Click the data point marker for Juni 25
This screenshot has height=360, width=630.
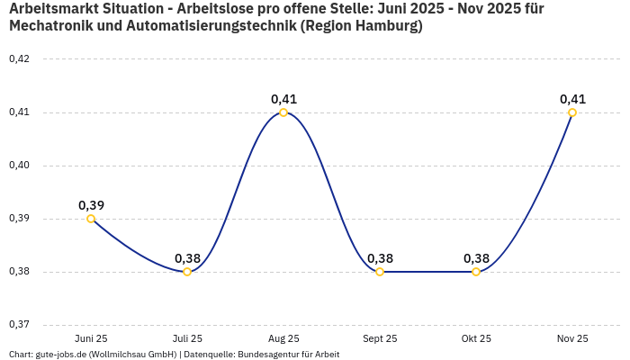pyautogui.click(x=91, y=219)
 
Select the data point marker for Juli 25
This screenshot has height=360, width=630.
pyautogui.click(x=187, y=272)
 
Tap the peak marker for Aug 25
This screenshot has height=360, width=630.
pyautogui.click(x=283, y=112)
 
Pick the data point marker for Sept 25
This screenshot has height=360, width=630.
pyautogui.click(x=380, y=272)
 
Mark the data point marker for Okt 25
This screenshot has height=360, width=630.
pyautogui.click(x=476, y=272)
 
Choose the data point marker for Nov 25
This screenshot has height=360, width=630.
pyautogui.click(x=572, y=112)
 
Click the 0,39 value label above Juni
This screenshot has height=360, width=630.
pyautogui.click(x=91, y=205)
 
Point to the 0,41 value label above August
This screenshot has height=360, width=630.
pyautogui.click(x=283, y=99)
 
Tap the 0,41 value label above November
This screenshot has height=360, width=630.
pyautogui.click(x=572, y=99)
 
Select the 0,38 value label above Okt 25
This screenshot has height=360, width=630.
pyautogui.click(x=476, y=258)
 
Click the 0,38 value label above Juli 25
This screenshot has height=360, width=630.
pyautogui.click(x=187, y=258)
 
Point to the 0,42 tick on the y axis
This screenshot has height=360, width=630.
pyautogui.click(x=19, y=59)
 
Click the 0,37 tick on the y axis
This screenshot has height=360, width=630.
pyautogui.click(x=19, y=325)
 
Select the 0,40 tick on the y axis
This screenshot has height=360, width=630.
pyautogui.click(x=19, y=166)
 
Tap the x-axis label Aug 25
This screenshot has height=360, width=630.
pyautogui.click(x=283, y=338)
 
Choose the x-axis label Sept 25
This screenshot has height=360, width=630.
pyautogui.click(x=380, y=338)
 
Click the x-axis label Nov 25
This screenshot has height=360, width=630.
pyautogui.click(x=572, y=338)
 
